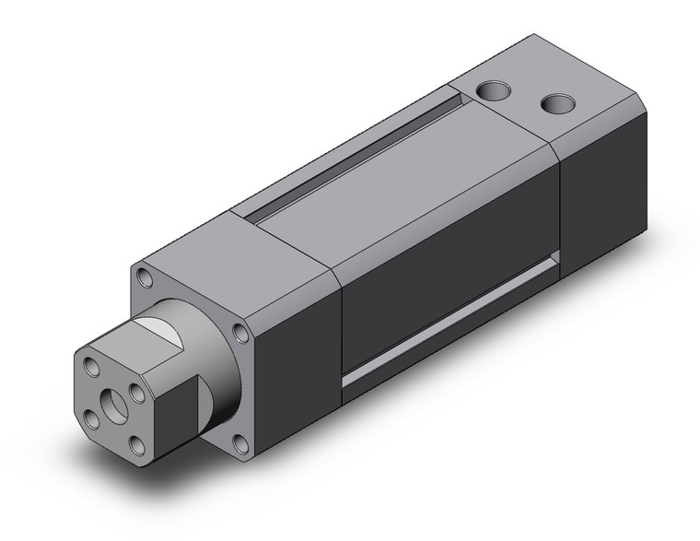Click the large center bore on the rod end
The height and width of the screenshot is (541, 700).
tap(115, 403)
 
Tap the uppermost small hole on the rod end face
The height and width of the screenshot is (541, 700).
tap(91, 368)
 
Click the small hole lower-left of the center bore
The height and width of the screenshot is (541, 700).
tap(92, 419)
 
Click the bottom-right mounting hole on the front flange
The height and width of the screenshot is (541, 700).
tap(240, 446)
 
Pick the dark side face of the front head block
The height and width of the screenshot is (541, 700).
tap(295, 369)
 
